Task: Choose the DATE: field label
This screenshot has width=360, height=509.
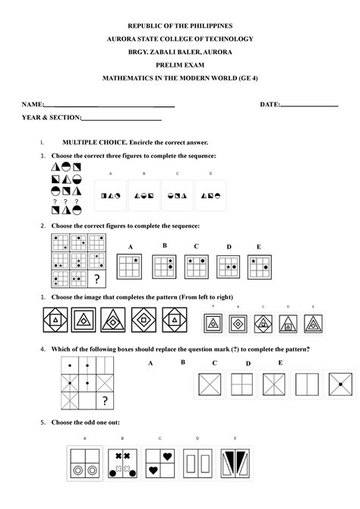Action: (x=270, y=103)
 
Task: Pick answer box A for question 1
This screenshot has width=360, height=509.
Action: (x=111, y=195)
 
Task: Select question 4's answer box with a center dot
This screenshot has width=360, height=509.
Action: (x=339, y=386)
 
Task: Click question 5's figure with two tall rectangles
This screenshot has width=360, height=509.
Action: (x=198, y=465)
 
